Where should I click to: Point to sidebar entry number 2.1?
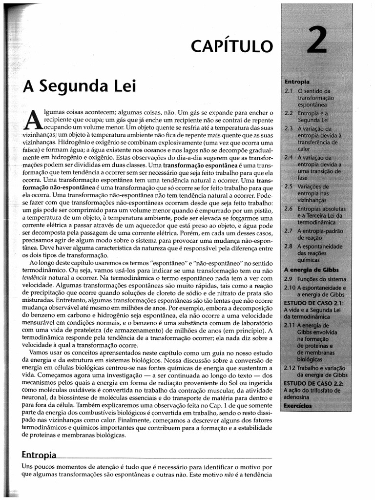(288, 91)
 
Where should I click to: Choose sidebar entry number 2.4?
(288, 158)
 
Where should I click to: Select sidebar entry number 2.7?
(288, 230)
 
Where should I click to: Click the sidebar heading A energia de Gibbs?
(312, 270)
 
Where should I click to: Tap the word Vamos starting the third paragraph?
(40, 352)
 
